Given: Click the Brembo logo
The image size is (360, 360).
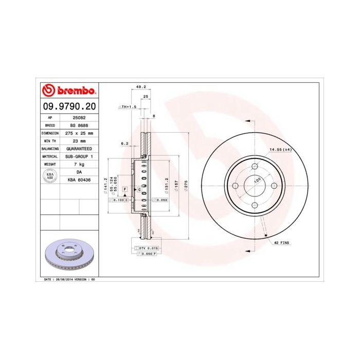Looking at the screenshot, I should [x=68, y=91].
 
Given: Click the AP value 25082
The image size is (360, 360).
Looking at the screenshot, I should [x=79, y=117].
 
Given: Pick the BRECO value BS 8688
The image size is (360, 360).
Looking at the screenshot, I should [x=79, y=125].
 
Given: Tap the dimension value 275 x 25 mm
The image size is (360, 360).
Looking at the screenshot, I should [x=79, y=133].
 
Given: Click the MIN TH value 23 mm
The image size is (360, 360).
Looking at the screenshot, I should [x=79, y=140].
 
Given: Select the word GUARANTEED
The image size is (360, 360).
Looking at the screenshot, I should [x=79, y=148].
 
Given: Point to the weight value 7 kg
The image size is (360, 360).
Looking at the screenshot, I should [x=79, y=164].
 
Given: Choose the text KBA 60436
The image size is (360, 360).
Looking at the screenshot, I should [x=79, y=179].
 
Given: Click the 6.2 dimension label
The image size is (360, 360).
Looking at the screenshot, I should [x=124, y=143].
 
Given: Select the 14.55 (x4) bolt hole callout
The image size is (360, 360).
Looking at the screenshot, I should [x=281, y=149].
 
